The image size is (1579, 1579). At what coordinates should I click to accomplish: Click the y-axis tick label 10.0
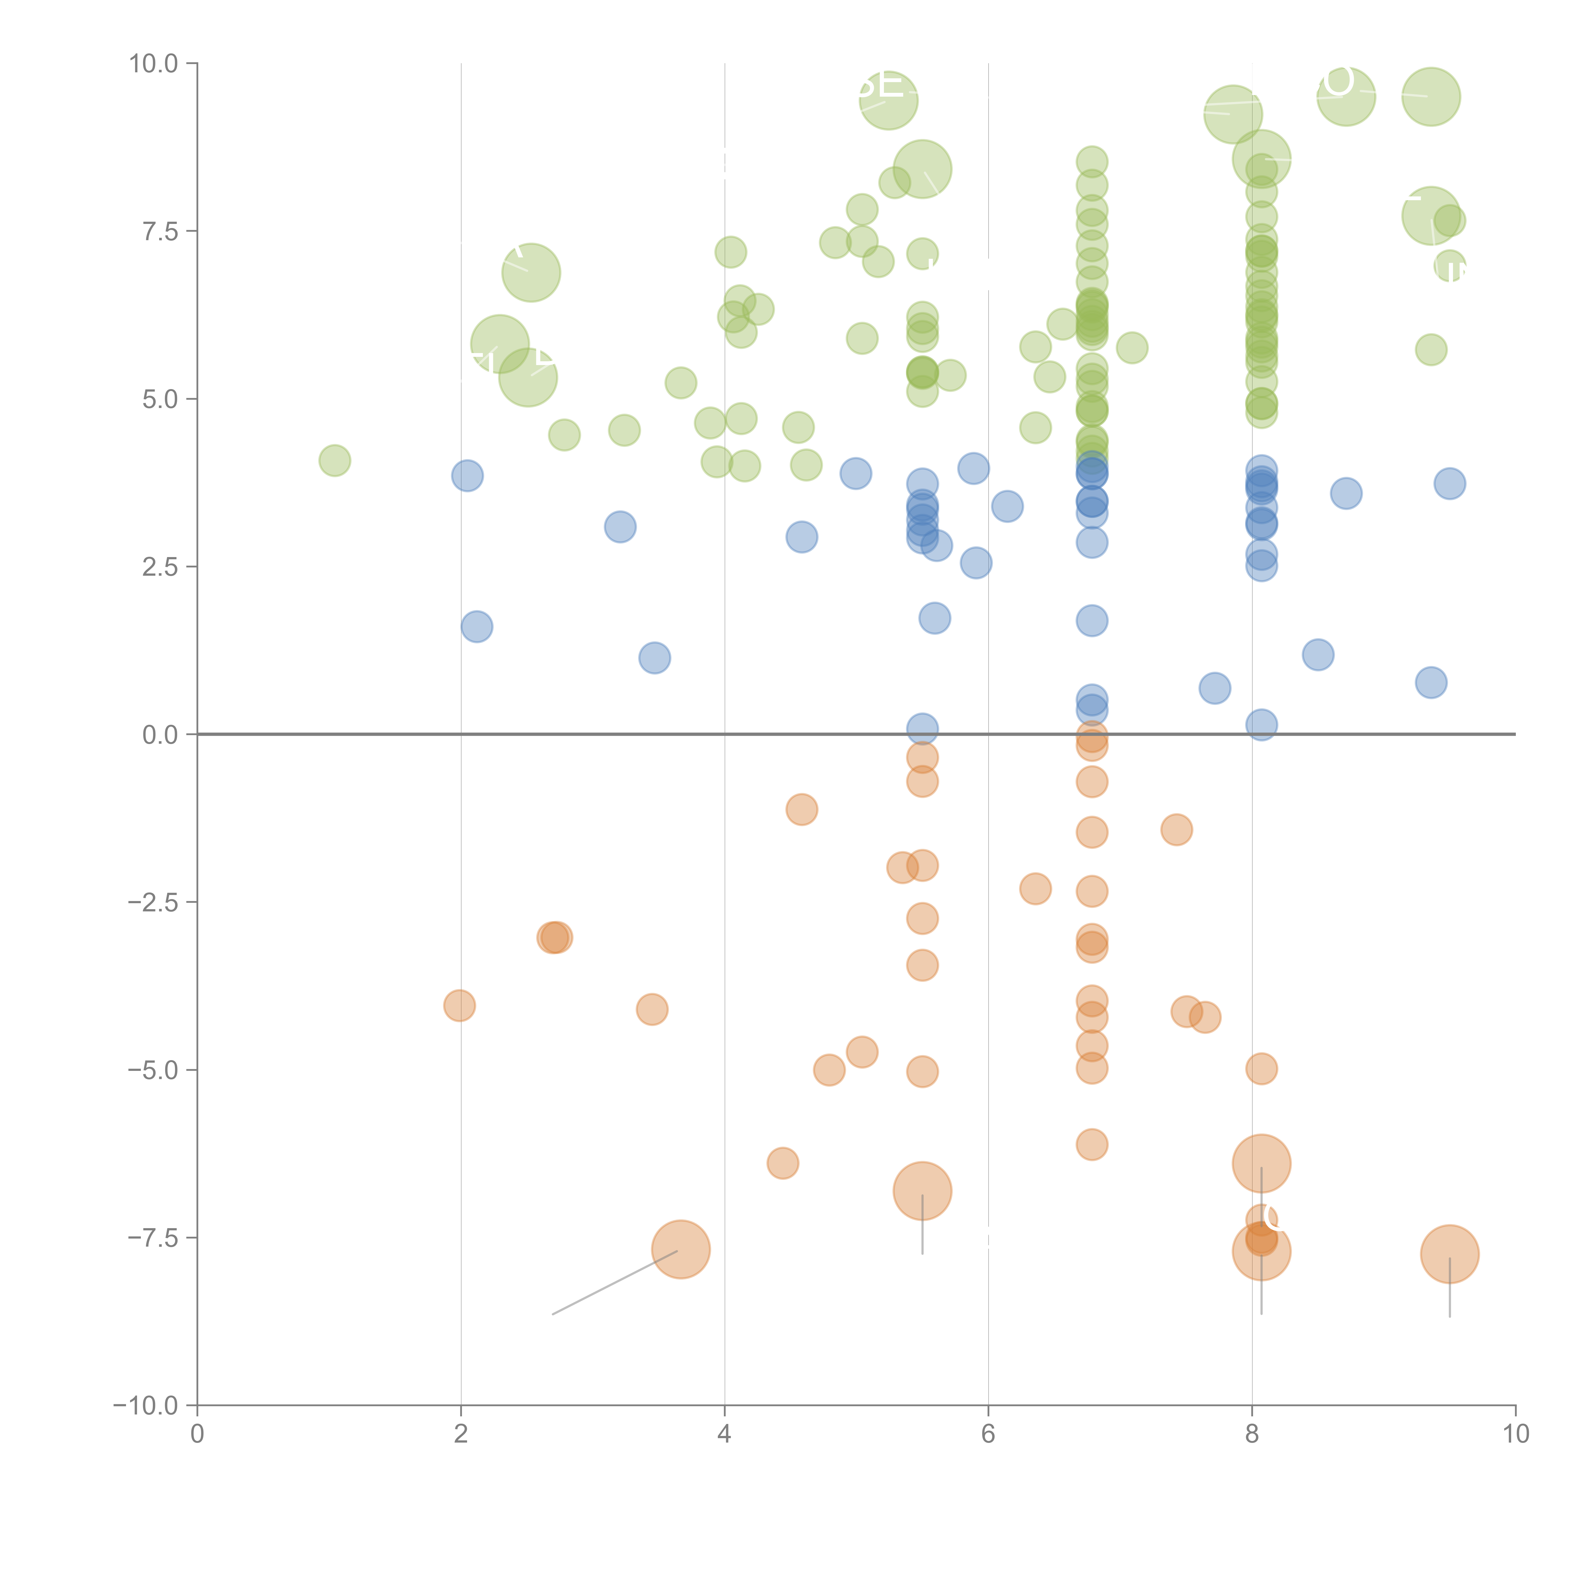154,64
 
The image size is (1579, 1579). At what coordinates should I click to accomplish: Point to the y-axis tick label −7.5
154,1237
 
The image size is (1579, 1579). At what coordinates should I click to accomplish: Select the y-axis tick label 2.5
160,566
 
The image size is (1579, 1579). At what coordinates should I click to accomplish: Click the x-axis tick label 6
988,1434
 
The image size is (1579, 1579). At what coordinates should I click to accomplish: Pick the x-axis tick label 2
461,1434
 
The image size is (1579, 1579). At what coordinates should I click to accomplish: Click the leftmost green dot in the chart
334,461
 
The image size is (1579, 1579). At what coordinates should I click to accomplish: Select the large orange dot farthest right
1449,1254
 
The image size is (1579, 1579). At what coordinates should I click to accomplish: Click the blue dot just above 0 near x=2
477,627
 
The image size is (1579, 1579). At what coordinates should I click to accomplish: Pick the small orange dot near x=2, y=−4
459,1005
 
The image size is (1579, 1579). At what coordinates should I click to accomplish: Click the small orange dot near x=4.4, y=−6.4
782,1163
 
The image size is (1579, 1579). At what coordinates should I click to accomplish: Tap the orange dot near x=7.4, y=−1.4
1176,830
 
